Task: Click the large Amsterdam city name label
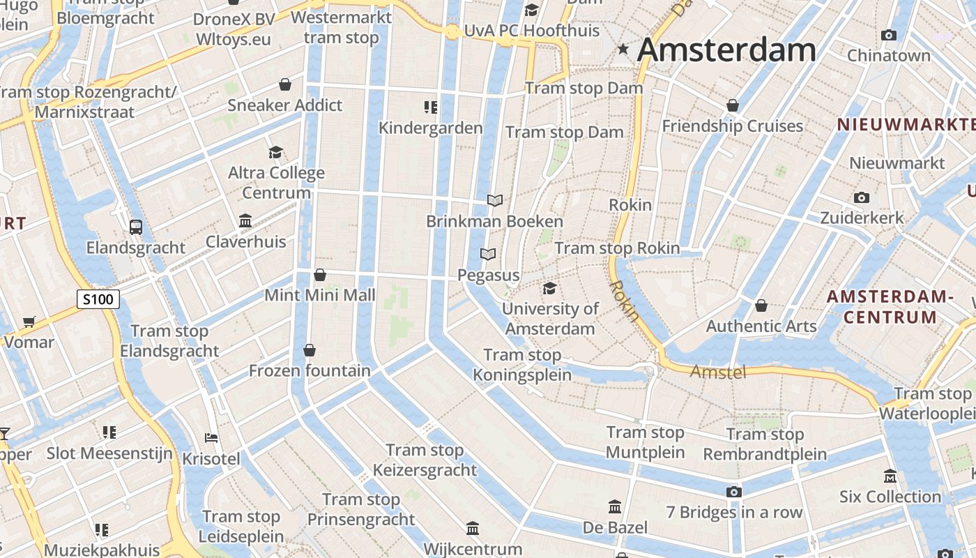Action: [726, 50]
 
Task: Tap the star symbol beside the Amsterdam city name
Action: [623, 49]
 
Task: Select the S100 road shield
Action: [98, 300]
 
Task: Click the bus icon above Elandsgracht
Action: [135, 227]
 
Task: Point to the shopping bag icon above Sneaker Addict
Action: [285, 84]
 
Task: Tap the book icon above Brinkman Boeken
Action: [495, 201]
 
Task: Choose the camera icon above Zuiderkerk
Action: [862, 197]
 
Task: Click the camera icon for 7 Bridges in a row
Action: [733, 492]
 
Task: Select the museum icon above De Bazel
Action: [615, 506]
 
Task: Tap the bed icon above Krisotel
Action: [211, 438]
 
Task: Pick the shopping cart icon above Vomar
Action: [29, 322]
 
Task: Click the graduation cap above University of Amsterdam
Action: [549, 288]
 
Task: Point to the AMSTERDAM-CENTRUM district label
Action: [890, 307]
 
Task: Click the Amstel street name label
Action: [717, 372]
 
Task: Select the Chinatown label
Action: [888, 55]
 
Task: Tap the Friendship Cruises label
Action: [732, 126]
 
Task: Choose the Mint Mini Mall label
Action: [320, 295]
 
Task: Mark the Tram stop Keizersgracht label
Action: [425, 460]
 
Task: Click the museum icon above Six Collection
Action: [890, 476]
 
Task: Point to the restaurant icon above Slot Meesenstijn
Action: [109, 432]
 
